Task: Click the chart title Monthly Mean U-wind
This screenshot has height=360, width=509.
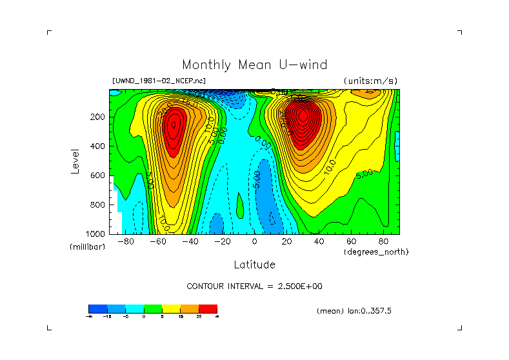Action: click(254, 65)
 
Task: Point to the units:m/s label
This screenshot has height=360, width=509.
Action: click(370, 81)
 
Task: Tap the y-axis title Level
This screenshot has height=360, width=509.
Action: click(75, 160)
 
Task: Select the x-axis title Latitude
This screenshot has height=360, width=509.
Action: click(254, 265)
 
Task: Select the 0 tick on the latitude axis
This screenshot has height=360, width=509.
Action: click(254, 241)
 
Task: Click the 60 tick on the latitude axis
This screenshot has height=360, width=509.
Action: click(351, 241)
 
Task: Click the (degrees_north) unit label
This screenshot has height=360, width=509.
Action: click(376, 251)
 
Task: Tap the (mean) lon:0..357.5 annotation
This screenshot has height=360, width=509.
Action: click(354, 311)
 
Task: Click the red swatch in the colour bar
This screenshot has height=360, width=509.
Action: click(208, 308)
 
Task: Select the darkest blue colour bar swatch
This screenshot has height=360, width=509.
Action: click(97, 308)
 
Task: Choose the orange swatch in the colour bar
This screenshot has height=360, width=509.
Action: click(190, 308)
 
